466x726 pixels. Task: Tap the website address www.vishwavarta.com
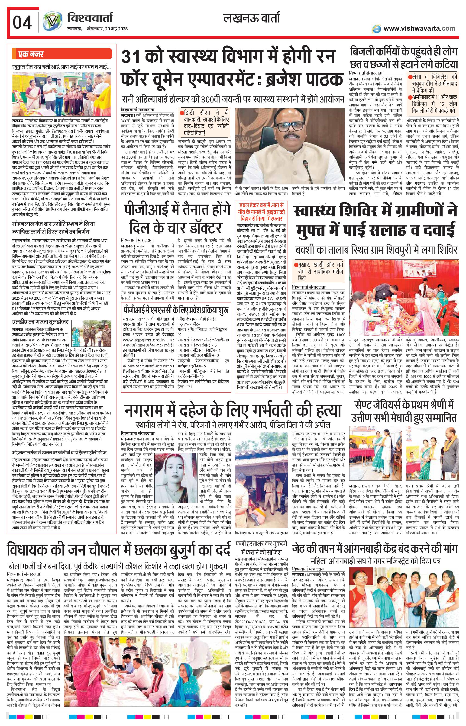419,29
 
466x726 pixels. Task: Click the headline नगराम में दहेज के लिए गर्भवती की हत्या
232,410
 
